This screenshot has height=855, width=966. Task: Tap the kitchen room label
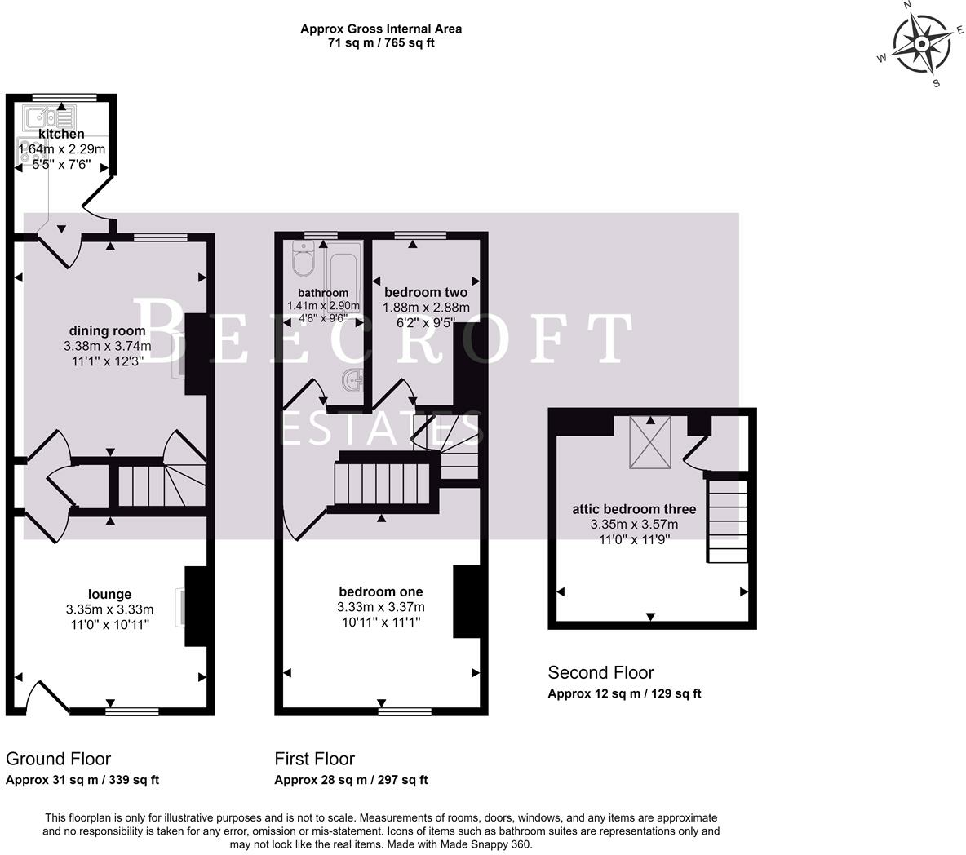pos(61,134)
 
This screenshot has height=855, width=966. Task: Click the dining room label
pos(107,330)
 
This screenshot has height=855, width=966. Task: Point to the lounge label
pos(109,594)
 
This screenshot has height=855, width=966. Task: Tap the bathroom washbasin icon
pos(353,380)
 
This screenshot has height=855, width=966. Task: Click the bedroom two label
pos(426,292)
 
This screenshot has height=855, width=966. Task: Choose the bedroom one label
pos(381,591)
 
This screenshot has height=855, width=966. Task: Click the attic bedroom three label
pos(634,509)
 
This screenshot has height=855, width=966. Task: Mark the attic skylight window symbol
pos(650,441)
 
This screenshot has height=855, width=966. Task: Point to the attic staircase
pos(727,520)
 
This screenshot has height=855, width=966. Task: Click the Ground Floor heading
pos(58,760)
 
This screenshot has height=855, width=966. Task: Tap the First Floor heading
pos(314,760)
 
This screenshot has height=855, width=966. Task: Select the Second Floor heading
pos(600,673)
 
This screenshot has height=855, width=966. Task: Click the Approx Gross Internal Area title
pos(381,29)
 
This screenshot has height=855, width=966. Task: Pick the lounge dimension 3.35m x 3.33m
pos(109,609)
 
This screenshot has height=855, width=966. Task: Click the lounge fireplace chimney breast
pos(197,606)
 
